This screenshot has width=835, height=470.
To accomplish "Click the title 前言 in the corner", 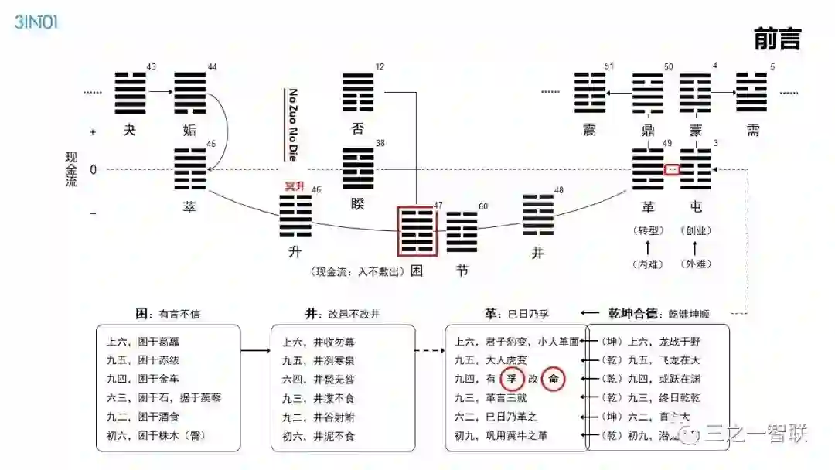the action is point(776,39).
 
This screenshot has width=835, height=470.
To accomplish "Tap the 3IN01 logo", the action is point(36,21).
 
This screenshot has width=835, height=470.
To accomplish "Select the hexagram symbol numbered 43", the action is point(130,92).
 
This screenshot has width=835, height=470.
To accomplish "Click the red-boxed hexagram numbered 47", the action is point(417,230).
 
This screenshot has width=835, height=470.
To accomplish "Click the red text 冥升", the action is point(296,186).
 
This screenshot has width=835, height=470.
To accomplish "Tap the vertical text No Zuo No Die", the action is point(294,124).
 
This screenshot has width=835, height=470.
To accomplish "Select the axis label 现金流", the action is point(72,169).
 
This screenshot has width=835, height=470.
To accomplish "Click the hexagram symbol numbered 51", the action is point(590,93).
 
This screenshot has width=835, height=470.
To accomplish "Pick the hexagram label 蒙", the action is point(695,130).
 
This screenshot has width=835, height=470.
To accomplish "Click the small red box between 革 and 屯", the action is point(672,169).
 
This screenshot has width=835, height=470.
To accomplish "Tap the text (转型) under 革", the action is point(648,230).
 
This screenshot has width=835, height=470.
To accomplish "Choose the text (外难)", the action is point(694,264).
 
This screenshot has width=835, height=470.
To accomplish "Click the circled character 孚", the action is point(511,380).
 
